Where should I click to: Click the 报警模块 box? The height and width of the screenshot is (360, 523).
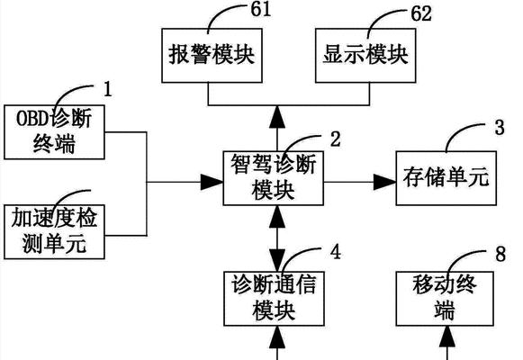point(212,55)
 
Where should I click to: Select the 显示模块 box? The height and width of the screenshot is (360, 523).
point(365,55)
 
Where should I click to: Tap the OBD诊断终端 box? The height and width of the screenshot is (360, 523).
point(54,132)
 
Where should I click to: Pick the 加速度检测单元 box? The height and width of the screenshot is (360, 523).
point(54,231)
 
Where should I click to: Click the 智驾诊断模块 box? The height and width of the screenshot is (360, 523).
point(273,178)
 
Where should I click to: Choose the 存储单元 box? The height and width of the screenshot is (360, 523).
point(446,178)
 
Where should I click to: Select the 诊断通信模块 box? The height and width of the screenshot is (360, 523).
point(274,298)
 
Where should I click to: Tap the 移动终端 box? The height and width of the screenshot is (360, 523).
point(445,298)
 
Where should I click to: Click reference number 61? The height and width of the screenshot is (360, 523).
point(261,9)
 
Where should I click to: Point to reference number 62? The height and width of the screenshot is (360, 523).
point(421,14)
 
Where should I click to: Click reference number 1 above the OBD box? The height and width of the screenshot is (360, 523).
point(107,89)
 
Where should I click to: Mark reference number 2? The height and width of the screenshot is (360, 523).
point(336,139)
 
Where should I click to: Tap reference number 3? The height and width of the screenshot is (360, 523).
point(500,127)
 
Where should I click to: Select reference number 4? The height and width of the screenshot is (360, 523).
point(336,252)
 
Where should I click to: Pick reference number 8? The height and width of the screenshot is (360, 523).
point(500,254)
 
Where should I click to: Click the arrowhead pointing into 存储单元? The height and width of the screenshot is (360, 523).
point(384,182)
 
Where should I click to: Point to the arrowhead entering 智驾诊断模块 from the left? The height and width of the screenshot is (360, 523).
point(212,182)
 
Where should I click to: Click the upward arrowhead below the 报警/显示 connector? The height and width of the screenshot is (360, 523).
point(277,117)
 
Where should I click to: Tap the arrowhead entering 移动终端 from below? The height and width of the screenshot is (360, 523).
point(447,337)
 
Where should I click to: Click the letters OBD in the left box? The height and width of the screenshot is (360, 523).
point(32,118)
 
